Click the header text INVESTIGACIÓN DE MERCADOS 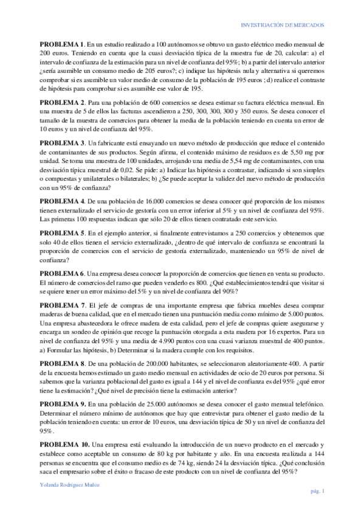click(x=283, y=25)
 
